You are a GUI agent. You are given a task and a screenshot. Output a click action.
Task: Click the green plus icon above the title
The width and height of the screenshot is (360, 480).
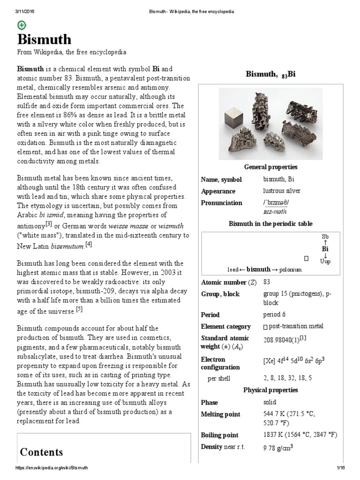(22, 25)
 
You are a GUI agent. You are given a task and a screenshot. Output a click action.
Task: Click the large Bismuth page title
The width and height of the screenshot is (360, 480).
(45, 39)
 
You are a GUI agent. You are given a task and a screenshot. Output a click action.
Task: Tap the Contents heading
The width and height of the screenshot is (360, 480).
(41, 452)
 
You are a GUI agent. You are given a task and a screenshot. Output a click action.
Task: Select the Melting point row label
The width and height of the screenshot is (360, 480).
(220, 414)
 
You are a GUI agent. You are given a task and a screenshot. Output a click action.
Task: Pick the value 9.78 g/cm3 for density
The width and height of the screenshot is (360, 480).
(278, 448)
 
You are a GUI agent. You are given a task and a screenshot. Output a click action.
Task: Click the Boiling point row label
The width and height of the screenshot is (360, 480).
(219, 435)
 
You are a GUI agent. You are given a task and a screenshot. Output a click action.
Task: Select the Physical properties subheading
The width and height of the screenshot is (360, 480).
(270, 390)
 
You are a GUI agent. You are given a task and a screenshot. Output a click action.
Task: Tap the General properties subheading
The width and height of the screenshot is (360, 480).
(270, 167)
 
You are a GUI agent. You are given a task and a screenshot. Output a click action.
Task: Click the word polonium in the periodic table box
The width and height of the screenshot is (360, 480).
(292, 270)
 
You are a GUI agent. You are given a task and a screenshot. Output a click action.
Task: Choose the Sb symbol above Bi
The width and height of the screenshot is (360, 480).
(325, 237)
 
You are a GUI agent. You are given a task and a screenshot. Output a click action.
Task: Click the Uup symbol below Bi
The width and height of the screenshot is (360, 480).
(325, 262)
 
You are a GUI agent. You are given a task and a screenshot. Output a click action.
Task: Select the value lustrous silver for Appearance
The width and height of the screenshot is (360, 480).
(282, 191)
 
